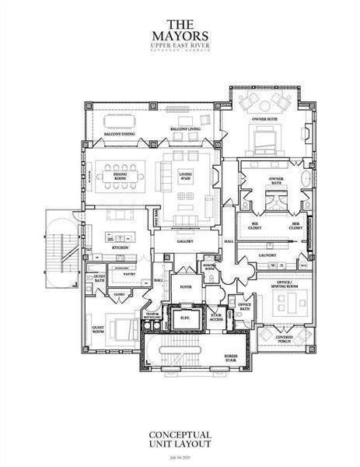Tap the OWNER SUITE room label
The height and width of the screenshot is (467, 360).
click(x=264, y=119)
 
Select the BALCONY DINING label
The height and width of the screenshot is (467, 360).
click(x=117, y=134)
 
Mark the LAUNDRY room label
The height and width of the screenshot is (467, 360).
click(x=273, y=253)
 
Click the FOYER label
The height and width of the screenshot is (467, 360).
click(x=185, y=286)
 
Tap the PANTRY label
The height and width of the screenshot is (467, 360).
click(x=129, y=275)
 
